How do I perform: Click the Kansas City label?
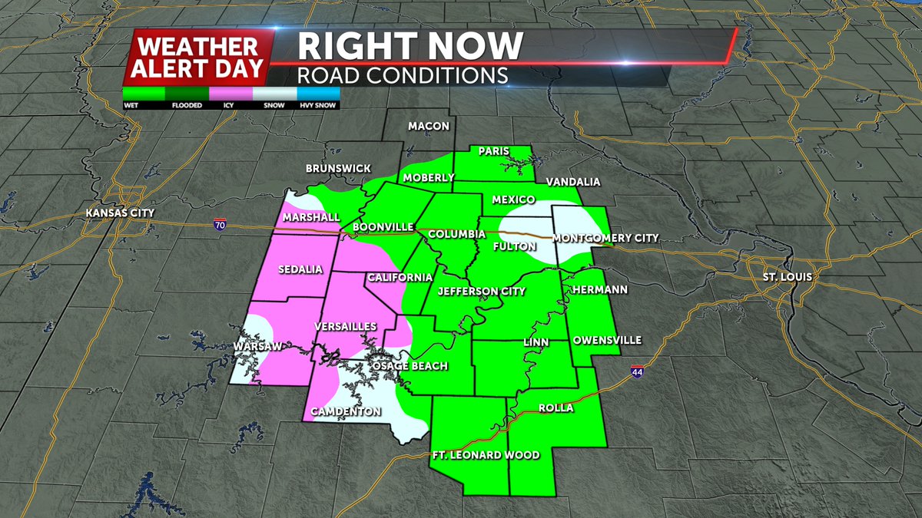(x=121, y=213)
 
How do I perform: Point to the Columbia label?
(x=456, y=233)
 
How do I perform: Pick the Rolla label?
(x=556, y=407)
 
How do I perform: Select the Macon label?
(x=429, y=125)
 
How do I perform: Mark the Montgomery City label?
(x=605, y=238)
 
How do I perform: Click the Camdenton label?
(x=346, y=412)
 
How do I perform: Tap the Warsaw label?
(x=257, y=347)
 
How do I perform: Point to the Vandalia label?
(x=572, y=182)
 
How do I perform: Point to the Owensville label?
(x=607, y=340)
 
